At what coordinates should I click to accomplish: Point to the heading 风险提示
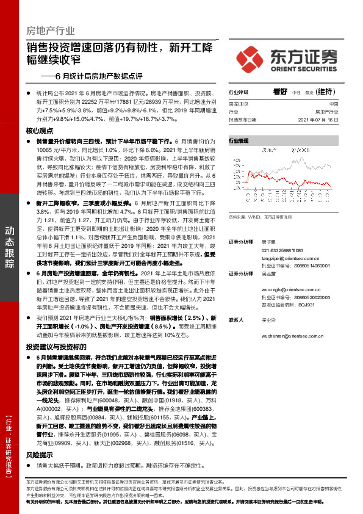click(39, 455)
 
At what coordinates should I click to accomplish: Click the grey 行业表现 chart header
click(239, 140)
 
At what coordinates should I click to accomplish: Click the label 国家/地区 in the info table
click(240, 104)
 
